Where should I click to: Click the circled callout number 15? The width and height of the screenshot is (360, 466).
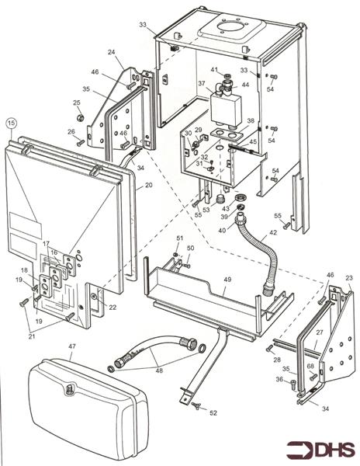click(12, 123)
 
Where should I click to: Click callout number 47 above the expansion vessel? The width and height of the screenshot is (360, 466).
click(72, 346)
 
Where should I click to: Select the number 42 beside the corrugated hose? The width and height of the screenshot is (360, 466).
click(273, 232)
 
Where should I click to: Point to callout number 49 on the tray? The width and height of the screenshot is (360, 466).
click(228, 280)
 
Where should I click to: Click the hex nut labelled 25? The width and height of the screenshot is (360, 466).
click(80, 118)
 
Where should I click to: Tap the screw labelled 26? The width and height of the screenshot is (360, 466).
click(81, 143)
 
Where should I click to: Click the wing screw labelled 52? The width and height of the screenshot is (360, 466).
click(196, 405)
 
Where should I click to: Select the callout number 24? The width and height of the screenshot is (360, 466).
click(111, 52)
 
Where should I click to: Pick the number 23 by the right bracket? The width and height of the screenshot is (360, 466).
click(349, 278)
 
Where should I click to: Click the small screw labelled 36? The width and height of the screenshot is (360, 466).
click(293, 383)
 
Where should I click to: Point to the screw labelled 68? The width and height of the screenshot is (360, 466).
click(313, 377)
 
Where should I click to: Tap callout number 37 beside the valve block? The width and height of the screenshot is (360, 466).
click(202, 83)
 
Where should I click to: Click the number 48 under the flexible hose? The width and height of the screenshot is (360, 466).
click(159, 370)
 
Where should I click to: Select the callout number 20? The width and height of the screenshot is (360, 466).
click(148, 185)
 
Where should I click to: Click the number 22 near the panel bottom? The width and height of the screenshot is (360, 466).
click(112, 308)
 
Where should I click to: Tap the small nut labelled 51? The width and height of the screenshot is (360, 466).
click(175, 255)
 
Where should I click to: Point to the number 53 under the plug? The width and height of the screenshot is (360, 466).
click(206, 210)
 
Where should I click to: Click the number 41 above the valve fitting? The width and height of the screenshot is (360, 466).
click(214, 70)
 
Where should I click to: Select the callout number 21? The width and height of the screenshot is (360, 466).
click(32, 336)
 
